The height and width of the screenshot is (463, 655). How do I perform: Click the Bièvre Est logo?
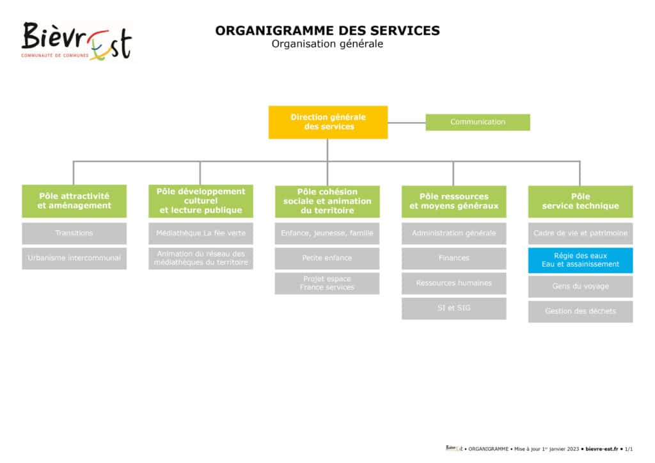pos(77,41)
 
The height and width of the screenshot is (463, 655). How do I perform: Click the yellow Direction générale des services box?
pos(328,122)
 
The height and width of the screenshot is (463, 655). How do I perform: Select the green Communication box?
pos(477,122)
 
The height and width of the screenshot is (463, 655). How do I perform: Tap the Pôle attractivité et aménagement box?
pos(74,201)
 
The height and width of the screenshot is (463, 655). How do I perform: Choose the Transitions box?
pos(74,233)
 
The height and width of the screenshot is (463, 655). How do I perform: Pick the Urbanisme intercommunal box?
pos(74,258)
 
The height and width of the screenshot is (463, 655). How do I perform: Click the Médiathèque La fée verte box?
pos(201,233)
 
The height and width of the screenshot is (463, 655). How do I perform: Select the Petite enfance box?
pos(327,258)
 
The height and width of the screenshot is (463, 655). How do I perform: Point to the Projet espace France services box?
pos(327,283)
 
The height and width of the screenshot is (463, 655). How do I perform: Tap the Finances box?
pos(454,258)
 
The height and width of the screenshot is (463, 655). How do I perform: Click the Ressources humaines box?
pos(454,283)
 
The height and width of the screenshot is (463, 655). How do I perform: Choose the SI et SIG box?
pos(454,308)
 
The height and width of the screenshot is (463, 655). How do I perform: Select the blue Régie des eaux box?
pos(581,260)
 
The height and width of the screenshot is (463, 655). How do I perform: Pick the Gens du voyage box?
pos(581,287)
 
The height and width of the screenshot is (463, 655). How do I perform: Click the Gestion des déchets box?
pos(581,311)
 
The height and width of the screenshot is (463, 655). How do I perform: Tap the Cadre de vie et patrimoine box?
pos(581,233)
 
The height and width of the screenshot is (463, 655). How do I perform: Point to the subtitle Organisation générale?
pos(327,44)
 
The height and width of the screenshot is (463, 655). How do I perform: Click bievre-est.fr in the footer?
pos(601,449)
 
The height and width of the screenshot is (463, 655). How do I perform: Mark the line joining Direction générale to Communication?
pos(406,122)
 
